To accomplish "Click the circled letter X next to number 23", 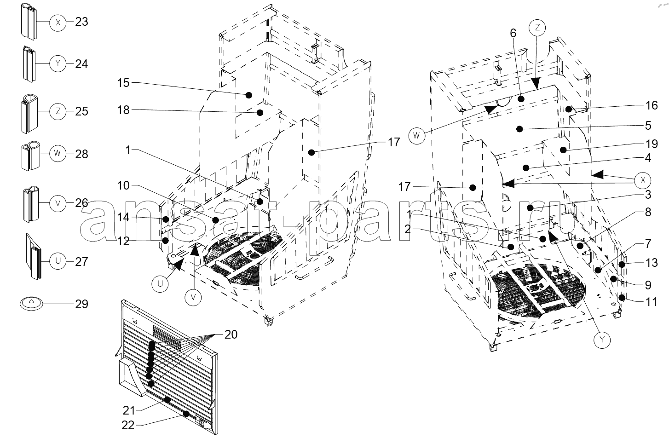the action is pos(58,23).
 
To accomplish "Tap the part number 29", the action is pos(81,304).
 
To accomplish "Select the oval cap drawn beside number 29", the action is pos(31,303).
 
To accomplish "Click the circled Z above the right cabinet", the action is pos(537,28).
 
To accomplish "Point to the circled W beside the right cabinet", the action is pos(416,136).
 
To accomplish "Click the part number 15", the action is pos(123,83).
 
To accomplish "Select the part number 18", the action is pos(123,110).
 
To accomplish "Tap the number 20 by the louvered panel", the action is pos(231,334).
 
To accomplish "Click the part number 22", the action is pos(128,425).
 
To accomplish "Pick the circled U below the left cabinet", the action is pos(161,283).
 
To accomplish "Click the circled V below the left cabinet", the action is pos(193,297).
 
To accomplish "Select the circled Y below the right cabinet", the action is pos(602,340).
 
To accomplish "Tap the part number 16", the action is pos(652,105).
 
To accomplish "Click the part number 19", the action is pos(652,144).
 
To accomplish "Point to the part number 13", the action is pos(652,263).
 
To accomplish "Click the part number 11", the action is pos(652,302).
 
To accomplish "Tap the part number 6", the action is pos(513,33).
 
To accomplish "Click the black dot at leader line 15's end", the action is pos(248,95).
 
